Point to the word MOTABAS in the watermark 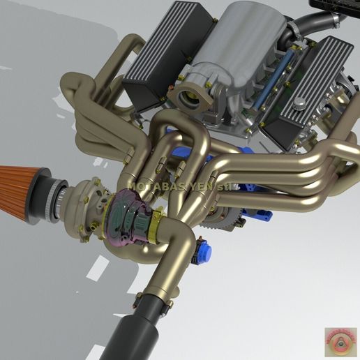(x=153, y=187)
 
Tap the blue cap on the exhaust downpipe (x=204, y=250)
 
